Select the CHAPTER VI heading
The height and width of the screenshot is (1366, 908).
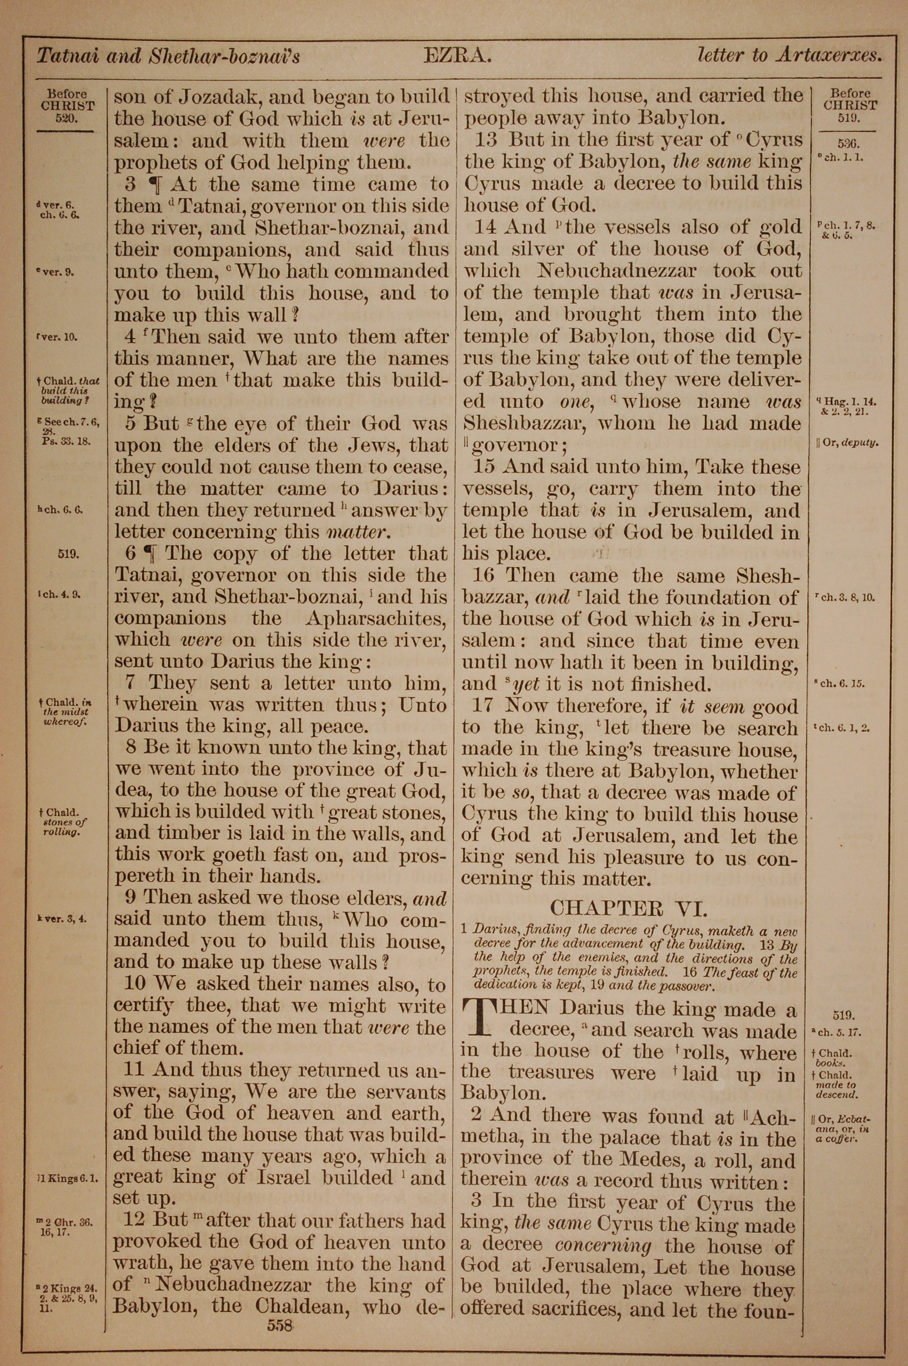(628, 908)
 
